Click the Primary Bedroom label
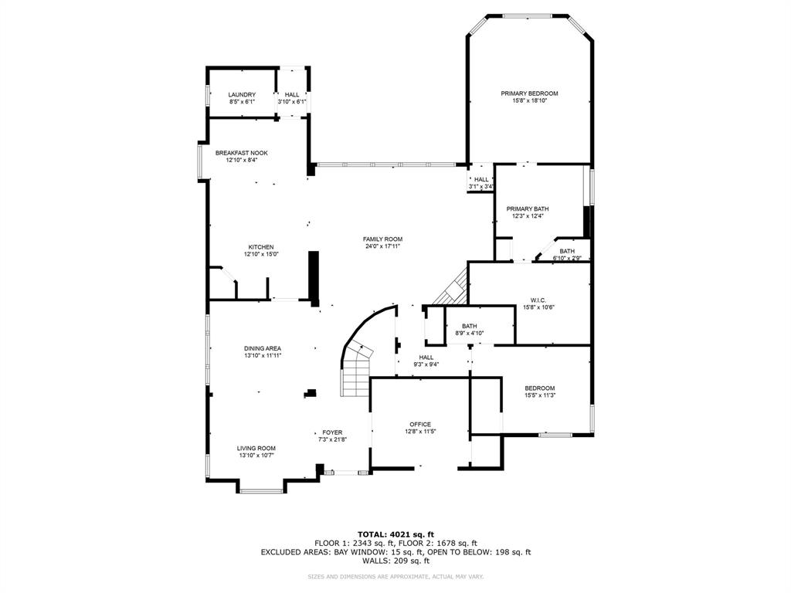click(528, 93)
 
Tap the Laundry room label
click(241, 95)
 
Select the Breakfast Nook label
click(241, 153)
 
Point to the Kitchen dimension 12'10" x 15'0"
click(260, 254)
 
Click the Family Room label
click(382, 239)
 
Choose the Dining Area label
click(263, 349)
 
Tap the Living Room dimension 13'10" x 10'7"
click(256, 456)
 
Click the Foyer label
click(332, 432)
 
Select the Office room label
click(420, 424)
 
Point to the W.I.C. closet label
click(538, 300)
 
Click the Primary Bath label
click(528, 209)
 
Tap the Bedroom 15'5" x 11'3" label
click(540, 388)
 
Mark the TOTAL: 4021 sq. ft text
click(395, 534)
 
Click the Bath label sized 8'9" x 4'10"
click(470, 326)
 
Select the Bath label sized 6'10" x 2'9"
click(567, 251)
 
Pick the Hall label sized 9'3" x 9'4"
click(426, 357)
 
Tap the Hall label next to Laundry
click(292, 95)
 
